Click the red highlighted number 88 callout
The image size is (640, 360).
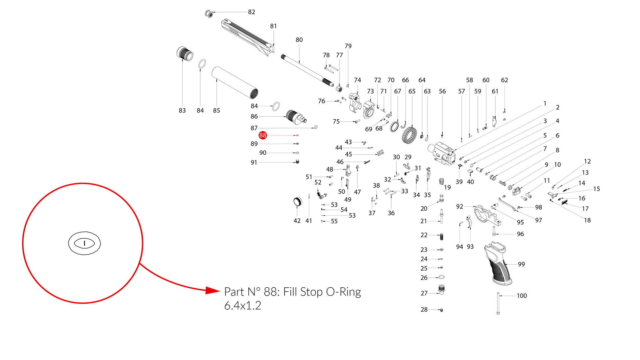[262, 135]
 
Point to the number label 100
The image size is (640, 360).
[522, 296]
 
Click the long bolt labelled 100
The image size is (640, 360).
[498, 303]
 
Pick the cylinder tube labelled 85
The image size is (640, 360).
[234, 83]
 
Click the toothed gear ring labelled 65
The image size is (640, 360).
[409, 135]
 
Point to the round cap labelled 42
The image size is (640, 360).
[297, 202]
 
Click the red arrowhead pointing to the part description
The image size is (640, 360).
[212, 290]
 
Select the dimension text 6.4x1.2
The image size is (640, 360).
[243, 306]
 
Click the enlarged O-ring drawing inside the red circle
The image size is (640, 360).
[85, 243]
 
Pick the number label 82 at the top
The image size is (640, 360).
[252, 12]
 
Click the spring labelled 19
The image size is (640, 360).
[442, 181]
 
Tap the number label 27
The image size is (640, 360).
[424, 293]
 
